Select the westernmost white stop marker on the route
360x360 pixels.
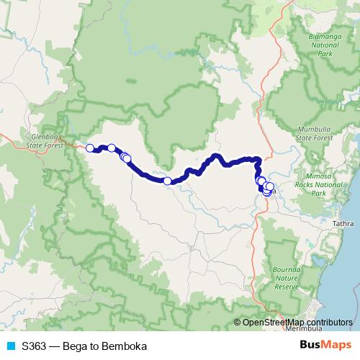coord(90,148)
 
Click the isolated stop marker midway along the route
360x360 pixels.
coord(167,181)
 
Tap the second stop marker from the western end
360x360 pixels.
coord(112,148)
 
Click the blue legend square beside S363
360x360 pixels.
coord(11,346)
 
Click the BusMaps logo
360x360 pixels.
coord(323,345)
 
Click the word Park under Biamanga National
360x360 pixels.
coord(328,53)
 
